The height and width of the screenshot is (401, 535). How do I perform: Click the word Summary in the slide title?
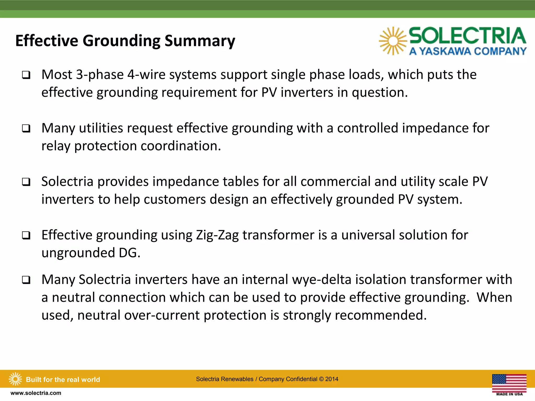(x=200, y=41)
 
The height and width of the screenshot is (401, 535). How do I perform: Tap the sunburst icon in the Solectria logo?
(x=393, y=41)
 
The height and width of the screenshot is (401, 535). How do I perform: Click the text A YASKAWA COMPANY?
(x=468, y=51)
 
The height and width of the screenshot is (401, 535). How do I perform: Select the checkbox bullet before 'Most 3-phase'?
(x=26, y=75)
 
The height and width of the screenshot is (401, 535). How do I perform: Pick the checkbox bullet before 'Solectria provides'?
(x=26, y=182)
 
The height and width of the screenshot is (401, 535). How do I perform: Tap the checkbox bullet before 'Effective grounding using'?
(x=26, y=235)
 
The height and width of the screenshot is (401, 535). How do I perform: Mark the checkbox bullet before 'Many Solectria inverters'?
(x=26, y=280)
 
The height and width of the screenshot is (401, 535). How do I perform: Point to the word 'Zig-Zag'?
(x=217, y=235)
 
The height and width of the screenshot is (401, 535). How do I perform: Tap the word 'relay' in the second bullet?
(x=56, y=146)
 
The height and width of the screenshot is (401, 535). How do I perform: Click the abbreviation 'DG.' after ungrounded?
(x=130, y=253)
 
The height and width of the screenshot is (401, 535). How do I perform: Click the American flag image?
(x=509, y=383)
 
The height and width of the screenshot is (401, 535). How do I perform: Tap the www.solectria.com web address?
(x=36, y=393)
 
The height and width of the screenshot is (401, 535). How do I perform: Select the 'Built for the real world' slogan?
(x=63, y=380)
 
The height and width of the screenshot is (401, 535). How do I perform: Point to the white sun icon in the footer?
(x=15, y=379)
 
